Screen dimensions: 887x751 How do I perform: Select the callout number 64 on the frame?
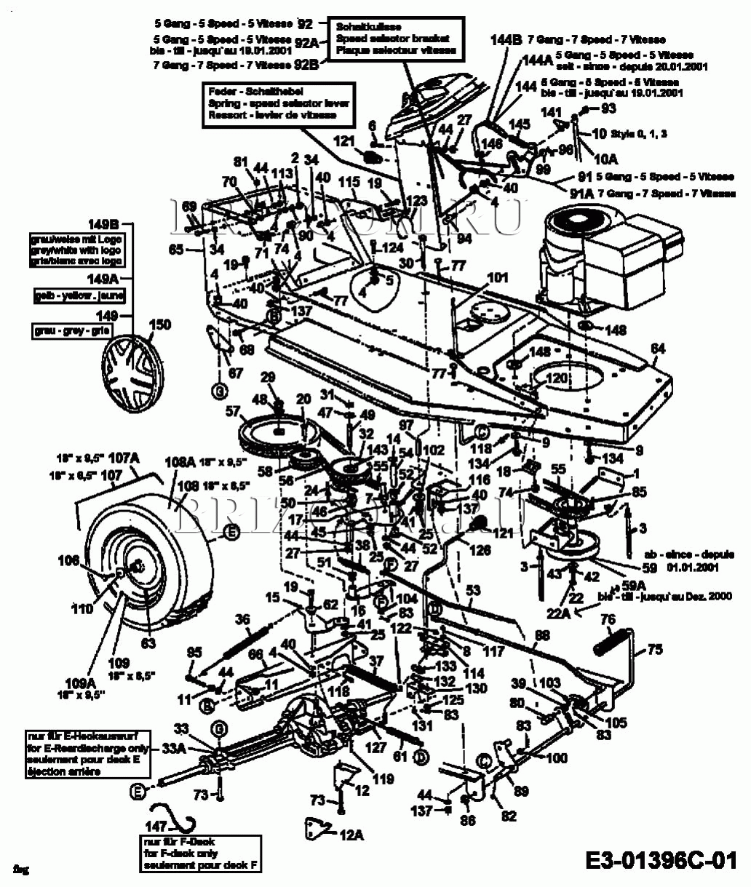click(x=658, y=350)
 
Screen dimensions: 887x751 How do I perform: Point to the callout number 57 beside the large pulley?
click(x=233, y=412)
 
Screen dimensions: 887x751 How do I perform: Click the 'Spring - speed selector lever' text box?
click(x=279, y=103)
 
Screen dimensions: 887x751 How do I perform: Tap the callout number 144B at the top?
click(x=505, y=41)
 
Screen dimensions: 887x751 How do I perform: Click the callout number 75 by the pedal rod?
click(x=655, y=650)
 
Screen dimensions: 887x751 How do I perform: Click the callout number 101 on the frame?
click(x=498, y=277)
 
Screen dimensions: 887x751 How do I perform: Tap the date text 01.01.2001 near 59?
click(x=681, y=568)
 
